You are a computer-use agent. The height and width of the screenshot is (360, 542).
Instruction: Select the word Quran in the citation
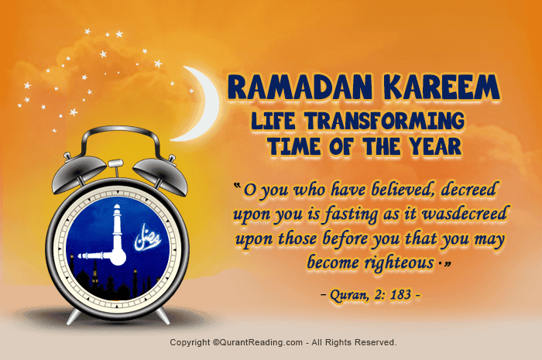point(345,295)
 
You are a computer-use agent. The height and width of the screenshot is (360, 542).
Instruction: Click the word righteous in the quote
point(396,263)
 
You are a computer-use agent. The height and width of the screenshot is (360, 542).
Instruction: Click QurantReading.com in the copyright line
point(259,341)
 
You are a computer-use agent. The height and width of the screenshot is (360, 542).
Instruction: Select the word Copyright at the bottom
point(190,341)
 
